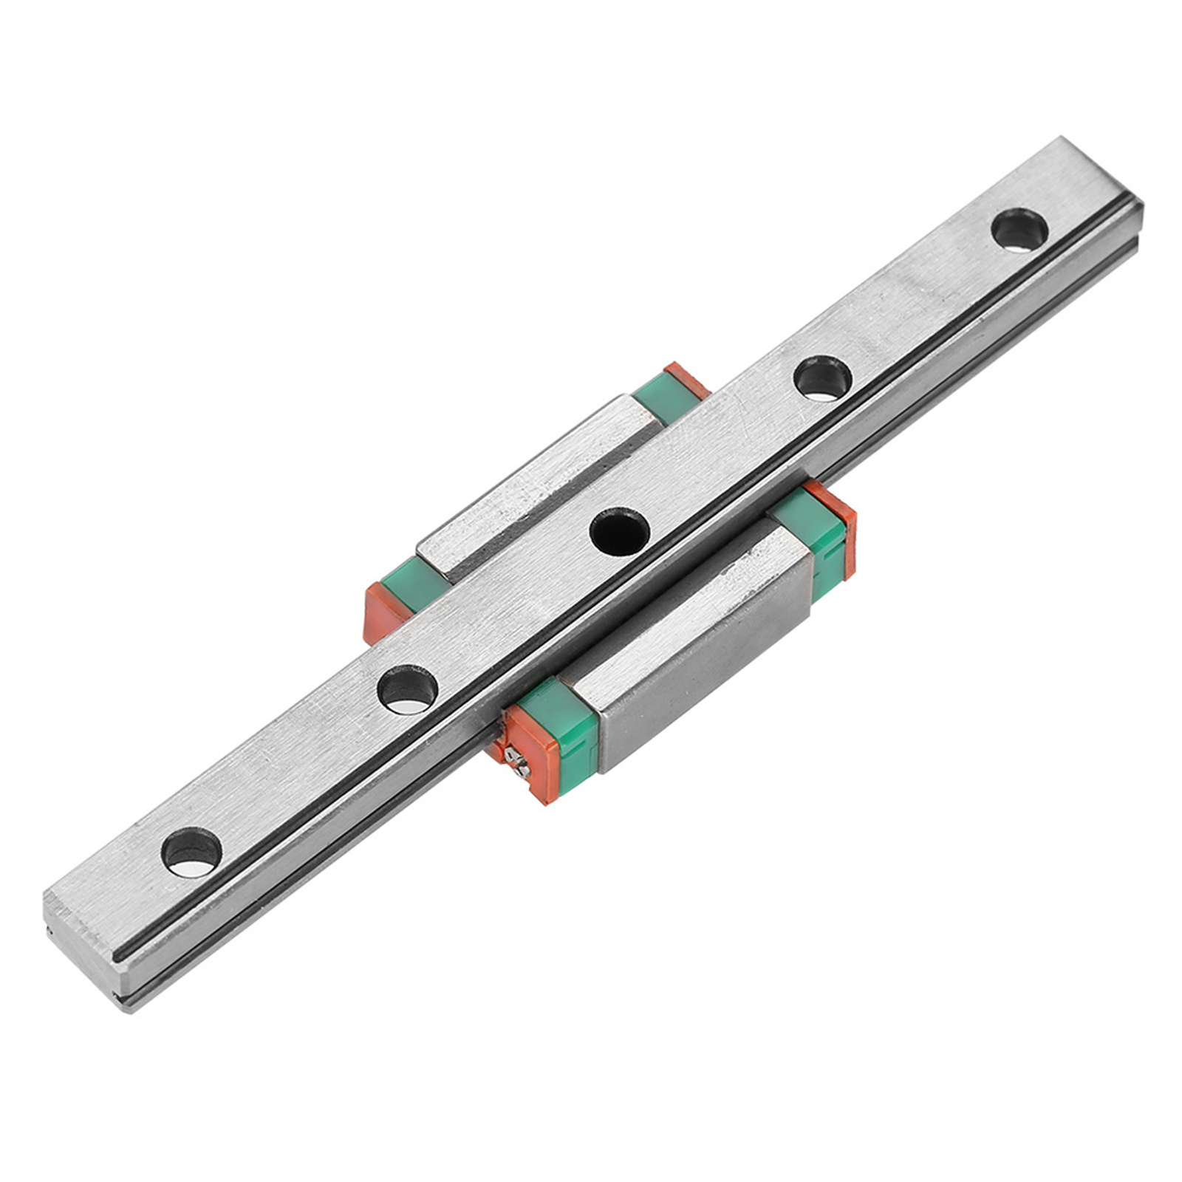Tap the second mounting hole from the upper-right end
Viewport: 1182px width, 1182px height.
pyautogui.click(x=822, y=378)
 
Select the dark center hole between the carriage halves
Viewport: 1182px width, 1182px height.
pyautogui.click(x=619, y=531)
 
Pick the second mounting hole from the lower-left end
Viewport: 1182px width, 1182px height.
pyautogui.click(x=407, y=689)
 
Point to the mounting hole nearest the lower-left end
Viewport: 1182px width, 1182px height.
pyautogui.click(x=191, y=852)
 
